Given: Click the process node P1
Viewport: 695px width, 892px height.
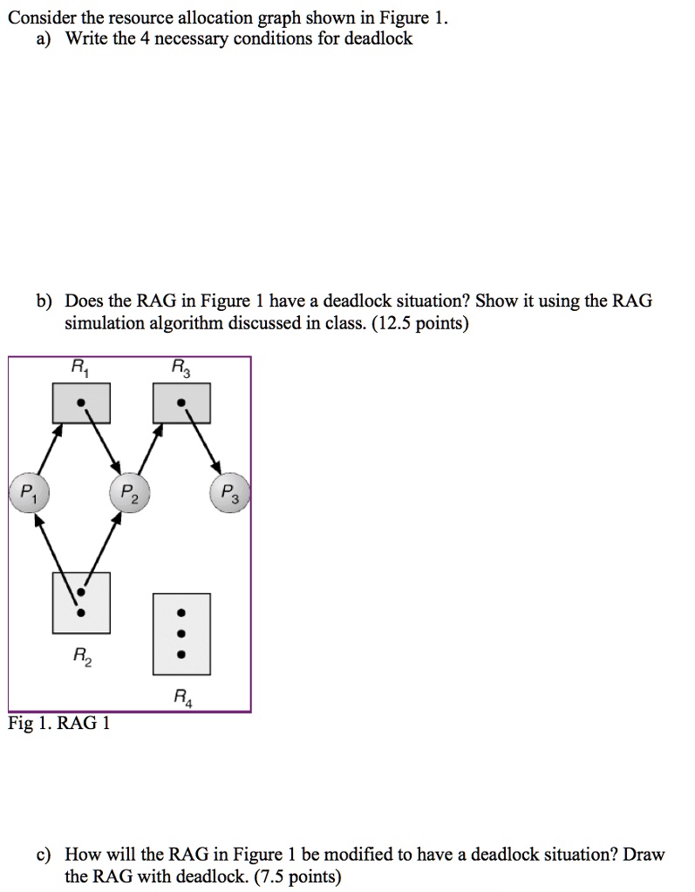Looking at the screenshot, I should coord(29,492).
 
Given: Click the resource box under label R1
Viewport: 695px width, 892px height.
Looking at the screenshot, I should coord(81,403).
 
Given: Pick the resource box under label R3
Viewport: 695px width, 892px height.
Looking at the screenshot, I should coord(181,403).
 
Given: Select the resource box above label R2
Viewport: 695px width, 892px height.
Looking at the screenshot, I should coord(81,602).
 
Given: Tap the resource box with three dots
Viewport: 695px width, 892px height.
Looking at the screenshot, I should coord(181,634).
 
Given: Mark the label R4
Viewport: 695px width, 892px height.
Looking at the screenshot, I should coord(181,696).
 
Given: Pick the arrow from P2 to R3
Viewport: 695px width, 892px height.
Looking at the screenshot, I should coord(148,451).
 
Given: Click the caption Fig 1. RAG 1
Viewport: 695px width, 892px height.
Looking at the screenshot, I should coord(58,724).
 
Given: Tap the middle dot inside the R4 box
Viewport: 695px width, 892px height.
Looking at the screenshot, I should coord(181,634).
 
